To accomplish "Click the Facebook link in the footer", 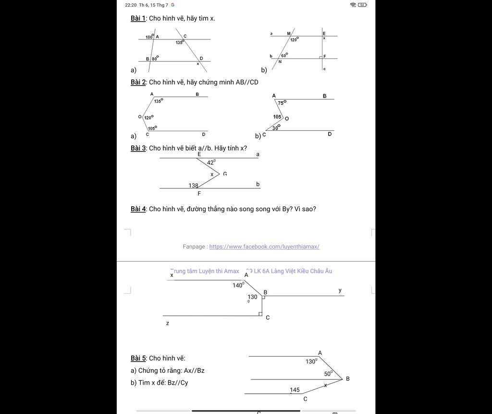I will pyautogui.click(x=264, y=247).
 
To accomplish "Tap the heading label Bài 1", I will pyautogui.click(x=138, y=18).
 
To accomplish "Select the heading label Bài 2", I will pyautogui.click(x=138, y=82).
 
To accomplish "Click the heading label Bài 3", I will pyautogui.click(x=138, y=148).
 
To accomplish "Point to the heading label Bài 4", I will pyautogui.click(x=138, y=209).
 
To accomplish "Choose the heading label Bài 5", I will pyautogui.click(x=138, y=358).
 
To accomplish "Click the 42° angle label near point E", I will pyautogui.click(x=211, y=163).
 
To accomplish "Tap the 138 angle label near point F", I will pyautogui.click(x=193, y=185).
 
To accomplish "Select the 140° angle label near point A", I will pyautogui.click(x=238, y=285).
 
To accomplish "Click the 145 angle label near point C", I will pyautogui.click(x=295, y=390).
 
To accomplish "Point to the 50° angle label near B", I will pyautogui.click(x=328, y=374).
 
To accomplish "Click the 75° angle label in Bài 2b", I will pyautogui.click(x=282, y=103).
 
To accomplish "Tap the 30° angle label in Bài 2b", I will pyautogui.click(x=276, y=127).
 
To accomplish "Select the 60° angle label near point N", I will pyautogui.click(x=284, y=55).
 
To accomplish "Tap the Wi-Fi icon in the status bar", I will pyautogui.click(x=353, y=5).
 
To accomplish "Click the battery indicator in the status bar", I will pyautogui.click(x=362, y=5).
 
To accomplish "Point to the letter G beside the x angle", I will pyautogui.click(x=225, y=174).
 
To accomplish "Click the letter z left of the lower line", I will pyautogui.click(x=168, y=324).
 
